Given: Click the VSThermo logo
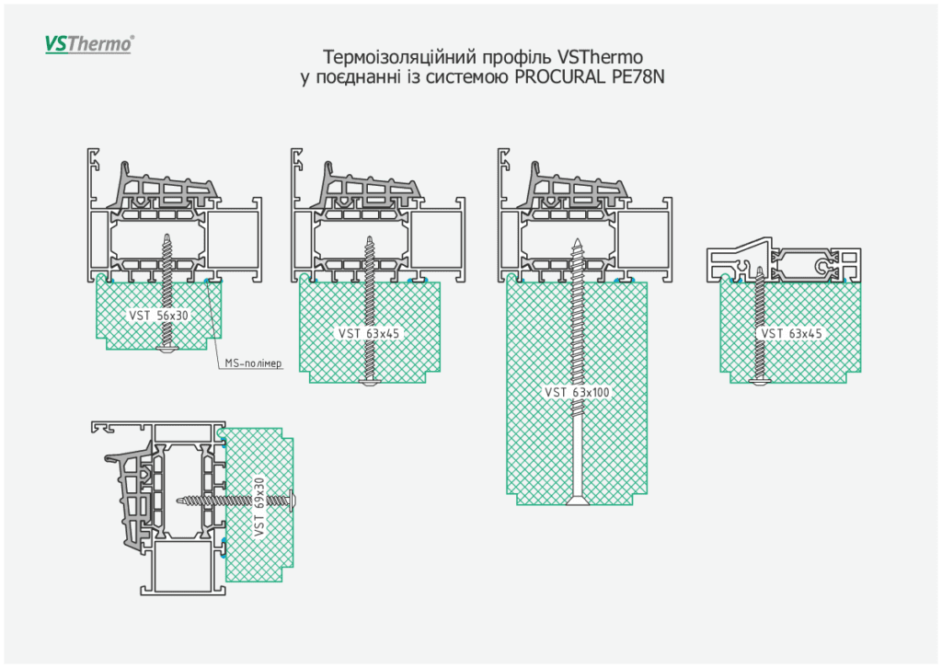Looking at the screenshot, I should coord(89,44).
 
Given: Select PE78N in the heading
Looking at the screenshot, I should coord(637,77).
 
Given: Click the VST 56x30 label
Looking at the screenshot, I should coord(159,315).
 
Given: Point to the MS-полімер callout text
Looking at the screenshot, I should coord(253,364).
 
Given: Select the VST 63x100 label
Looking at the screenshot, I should coord(578,392).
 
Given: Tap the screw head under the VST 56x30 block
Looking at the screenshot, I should coord(167,350).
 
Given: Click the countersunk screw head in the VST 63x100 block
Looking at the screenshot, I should coord(577,501).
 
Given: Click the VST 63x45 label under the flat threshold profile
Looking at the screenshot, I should coord(791,333).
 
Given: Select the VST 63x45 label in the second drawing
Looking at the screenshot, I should coord(369,333).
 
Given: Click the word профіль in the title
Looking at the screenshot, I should coord(518,56).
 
